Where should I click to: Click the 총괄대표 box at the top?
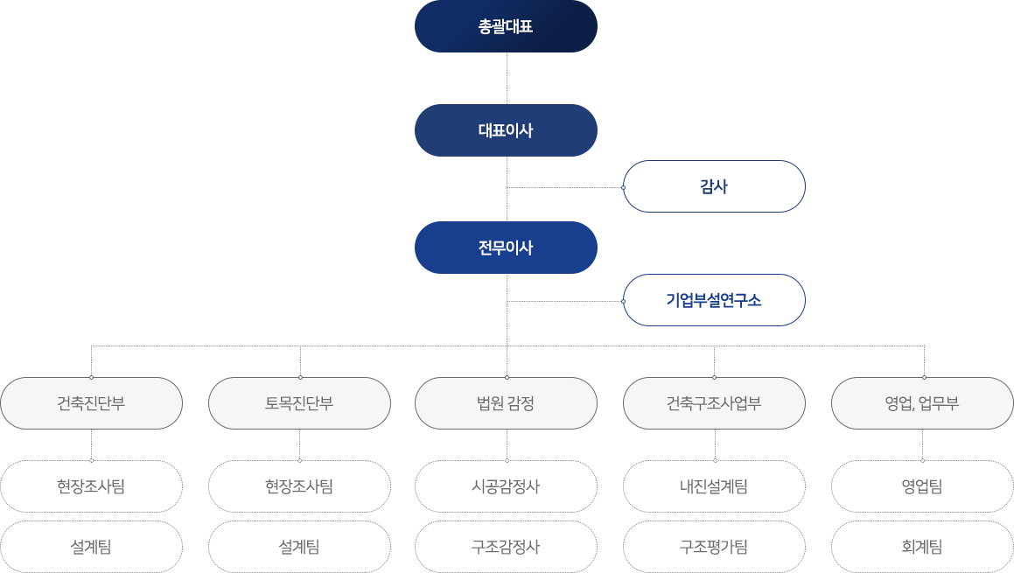tap(506, 26)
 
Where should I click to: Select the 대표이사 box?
tap(506, 130)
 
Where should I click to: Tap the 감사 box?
tap(714, 186)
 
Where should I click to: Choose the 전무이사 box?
tap(506, 248)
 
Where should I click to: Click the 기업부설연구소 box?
tap(714, 300)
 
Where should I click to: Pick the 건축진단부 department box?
tap(91, 403)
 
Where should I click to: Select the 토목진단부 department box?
tap(299, 403)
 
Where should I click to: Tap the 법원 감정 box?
tap(506, 403)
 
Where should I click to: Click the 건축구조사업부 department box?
tap(714, 403)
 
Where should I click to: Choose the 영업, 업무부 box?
tap(922, 403)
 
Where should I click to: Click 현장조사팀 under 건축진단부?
tap(91, 486)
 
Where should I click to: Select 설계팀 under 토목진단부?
tap(299, 547)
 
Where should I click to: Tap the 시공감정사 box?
tap(506, 486)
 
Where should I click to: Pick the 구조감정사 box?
tap(506, 547)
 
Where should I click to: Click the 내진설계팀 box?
tap(714, 486)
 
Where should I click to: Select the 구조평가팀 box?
tap(714, 547)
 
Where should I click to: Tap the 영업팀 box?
tap(922, 486)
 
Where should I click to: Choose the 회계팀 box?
tap(922, 547)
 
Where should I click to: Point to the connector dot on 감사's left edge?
tap(623, 187)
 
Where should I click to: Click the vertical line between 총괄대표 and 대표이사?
tap(507, 79)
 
